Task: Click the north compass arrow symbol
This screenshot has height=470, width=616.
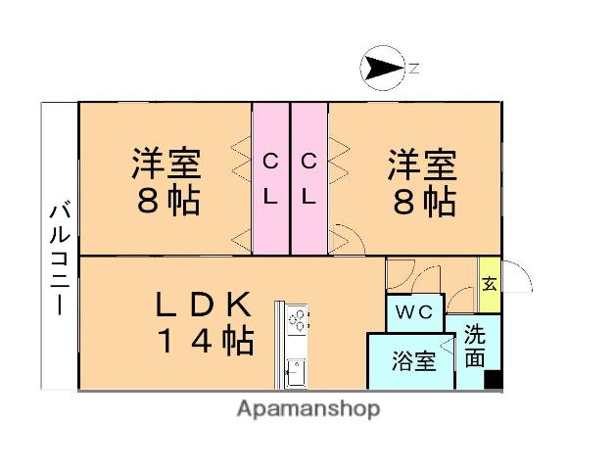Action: (383, 68)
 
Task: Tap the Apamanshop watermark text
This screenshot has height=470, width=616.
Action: (307, 409)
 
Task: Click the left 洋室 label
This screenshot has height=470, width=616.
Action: (166, 163)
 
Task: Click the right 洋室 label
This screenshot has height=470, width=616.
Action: (422, 163)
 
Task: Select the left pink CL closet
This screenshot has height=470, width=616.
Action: (271, 178)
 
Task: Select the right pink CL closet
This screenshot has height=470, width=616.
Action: (308, 178)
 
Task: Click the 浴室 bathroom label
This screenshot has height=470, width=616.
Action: (412, 361)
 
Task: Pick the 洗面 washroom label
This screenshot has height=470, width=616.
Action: (475, 346)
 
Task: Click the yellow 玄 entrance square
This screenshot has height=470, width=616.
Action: (489, 284)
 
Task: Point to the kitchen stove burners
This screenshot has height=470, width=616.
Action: (298, 320)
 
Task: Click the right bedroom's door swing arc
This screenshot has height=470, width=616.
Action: (345, 239)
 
